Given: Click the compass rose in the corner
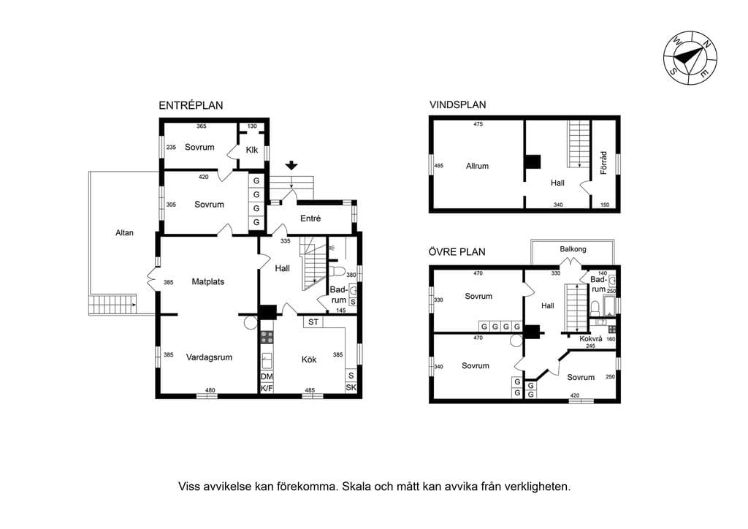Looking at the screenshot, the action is pos(690,58).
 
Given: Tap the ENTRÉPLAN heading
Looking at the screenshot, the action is pos(191,105).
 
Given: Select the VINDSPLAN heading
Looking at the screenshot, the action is pos(457,104).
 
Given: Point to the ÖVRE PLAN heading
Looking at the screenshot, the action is pos(457,251).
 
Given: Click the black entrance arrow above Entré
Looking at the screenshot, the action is pos(291,166).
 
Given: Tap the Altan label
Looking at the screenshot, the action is pos(124,233).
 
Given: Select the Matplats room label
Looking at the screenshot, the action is pos(208,281).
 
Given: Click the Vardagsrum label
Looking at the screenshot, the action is pos(209,357).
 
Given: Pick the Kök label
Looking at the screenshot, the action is pos(309,359).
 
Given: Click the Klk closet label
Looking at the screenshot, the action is pos(252,150).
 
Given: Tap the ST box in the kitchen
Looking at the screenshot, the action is pos(313,322).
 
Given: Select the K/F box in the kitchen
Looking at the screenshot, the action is pos(267,388).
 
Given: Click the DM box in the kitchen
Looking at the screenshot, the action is pos(267,377).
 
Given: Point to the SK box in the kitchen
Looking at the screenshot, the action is pos(351,387).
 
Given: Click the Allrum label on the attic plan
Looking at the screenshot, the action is pos(477,166).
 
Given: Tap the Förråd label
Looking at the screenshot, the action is pos(603,163).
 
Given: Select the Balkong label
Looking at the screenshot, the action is pos(573,249).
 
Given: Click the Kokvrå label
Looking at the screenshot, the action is pos(590,339).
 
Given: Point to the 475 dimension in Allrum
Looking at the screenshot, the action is pos(478,124).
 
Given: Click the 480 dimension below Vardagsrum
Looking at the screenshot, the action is pos(210,390).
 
